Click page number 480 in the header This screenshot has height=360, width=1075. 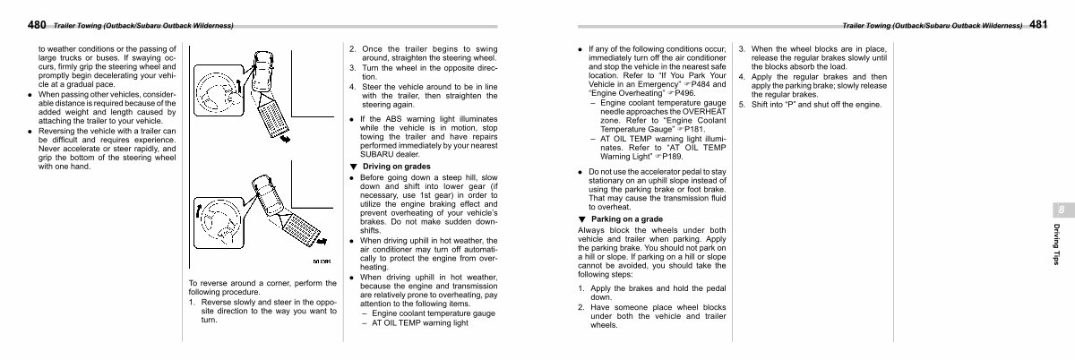pyautogui.click(x=37, y=24)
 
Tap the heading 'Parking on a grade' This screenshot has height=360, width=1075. pyautogui.click(x=627, y=219)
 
